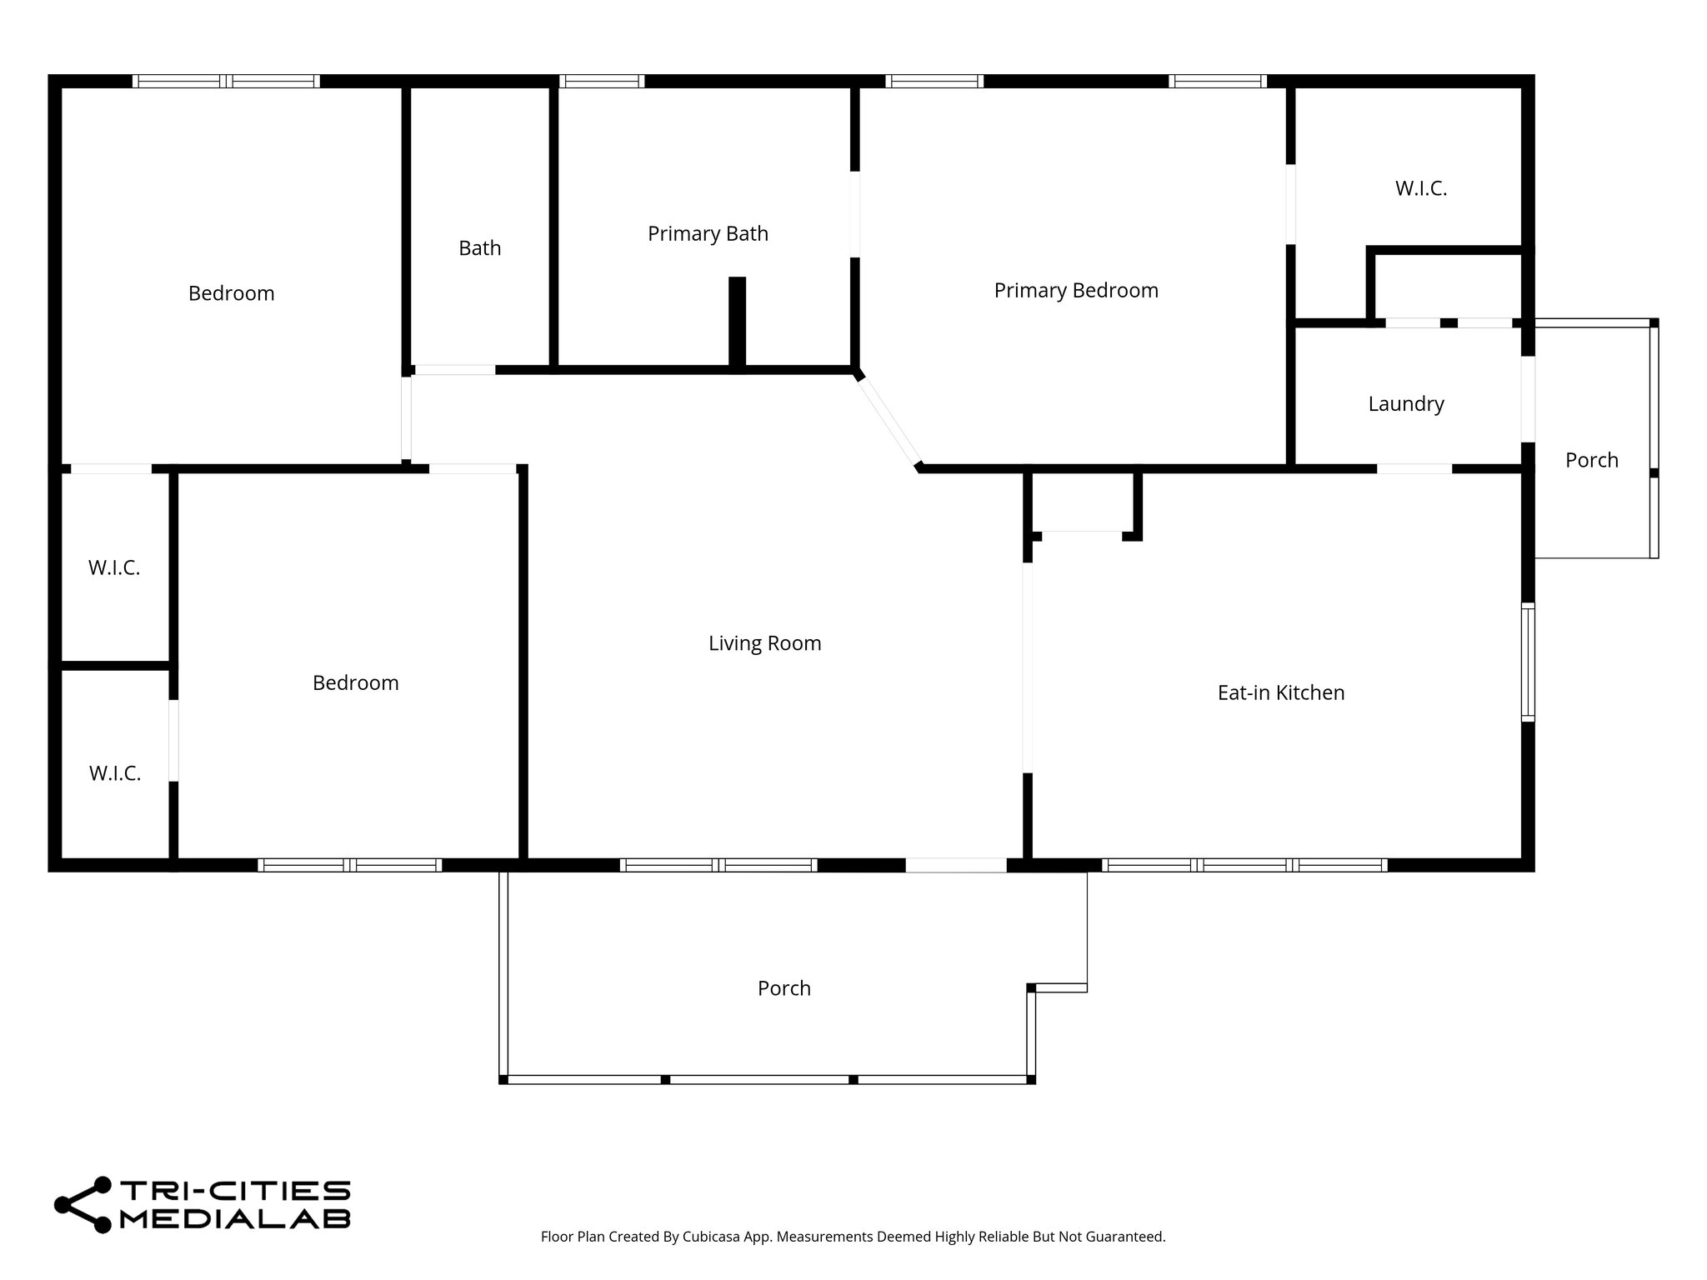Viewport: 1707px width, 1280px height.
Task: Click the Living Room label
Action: [x=764, y=643]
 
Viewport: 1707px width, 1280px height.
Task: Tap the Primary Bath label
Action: [x=708, y=233]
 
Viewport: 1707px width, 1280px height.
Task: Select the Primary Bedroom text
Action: [x=1075, y=290]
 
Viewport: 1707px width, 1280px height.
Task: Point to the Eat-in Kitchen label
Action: [x=1280, y=692]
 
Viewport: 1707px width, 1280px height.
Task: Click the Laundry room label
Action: [x=1405, y=404]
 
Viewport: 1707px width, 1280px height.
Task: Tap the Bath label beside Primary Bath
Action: [x=479, y=248]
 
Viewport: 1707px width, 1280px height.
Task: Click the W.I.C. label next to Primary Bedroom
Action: [x=1420, y=188]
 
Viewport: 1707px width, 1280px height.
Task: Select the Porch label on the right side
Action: [x=1591, y=460]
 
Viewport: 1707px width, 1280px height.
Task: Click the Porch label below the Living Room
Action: [x=783, y=988]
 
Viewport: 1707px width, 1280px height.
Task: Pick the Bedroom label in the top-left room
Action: [x=231, y=293]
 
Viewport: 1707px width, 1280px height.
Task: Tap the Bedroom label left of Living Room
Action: [x=355, y=683]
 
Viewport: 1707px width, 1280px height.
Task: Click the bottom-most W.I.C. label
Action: [x=115, y=773]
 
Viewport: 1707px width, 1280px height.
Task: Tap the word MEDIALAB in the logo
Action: [x=235, y=1218]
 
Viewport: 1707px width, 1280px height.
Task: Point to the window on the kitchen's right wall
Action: [x=1527, y=662]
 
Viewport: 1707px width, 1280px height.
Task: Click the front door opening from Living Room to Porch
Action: [x=955, y=865]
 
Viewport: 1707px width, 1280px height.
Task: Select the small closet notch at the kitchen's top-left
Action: [x=1082, y=504]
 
